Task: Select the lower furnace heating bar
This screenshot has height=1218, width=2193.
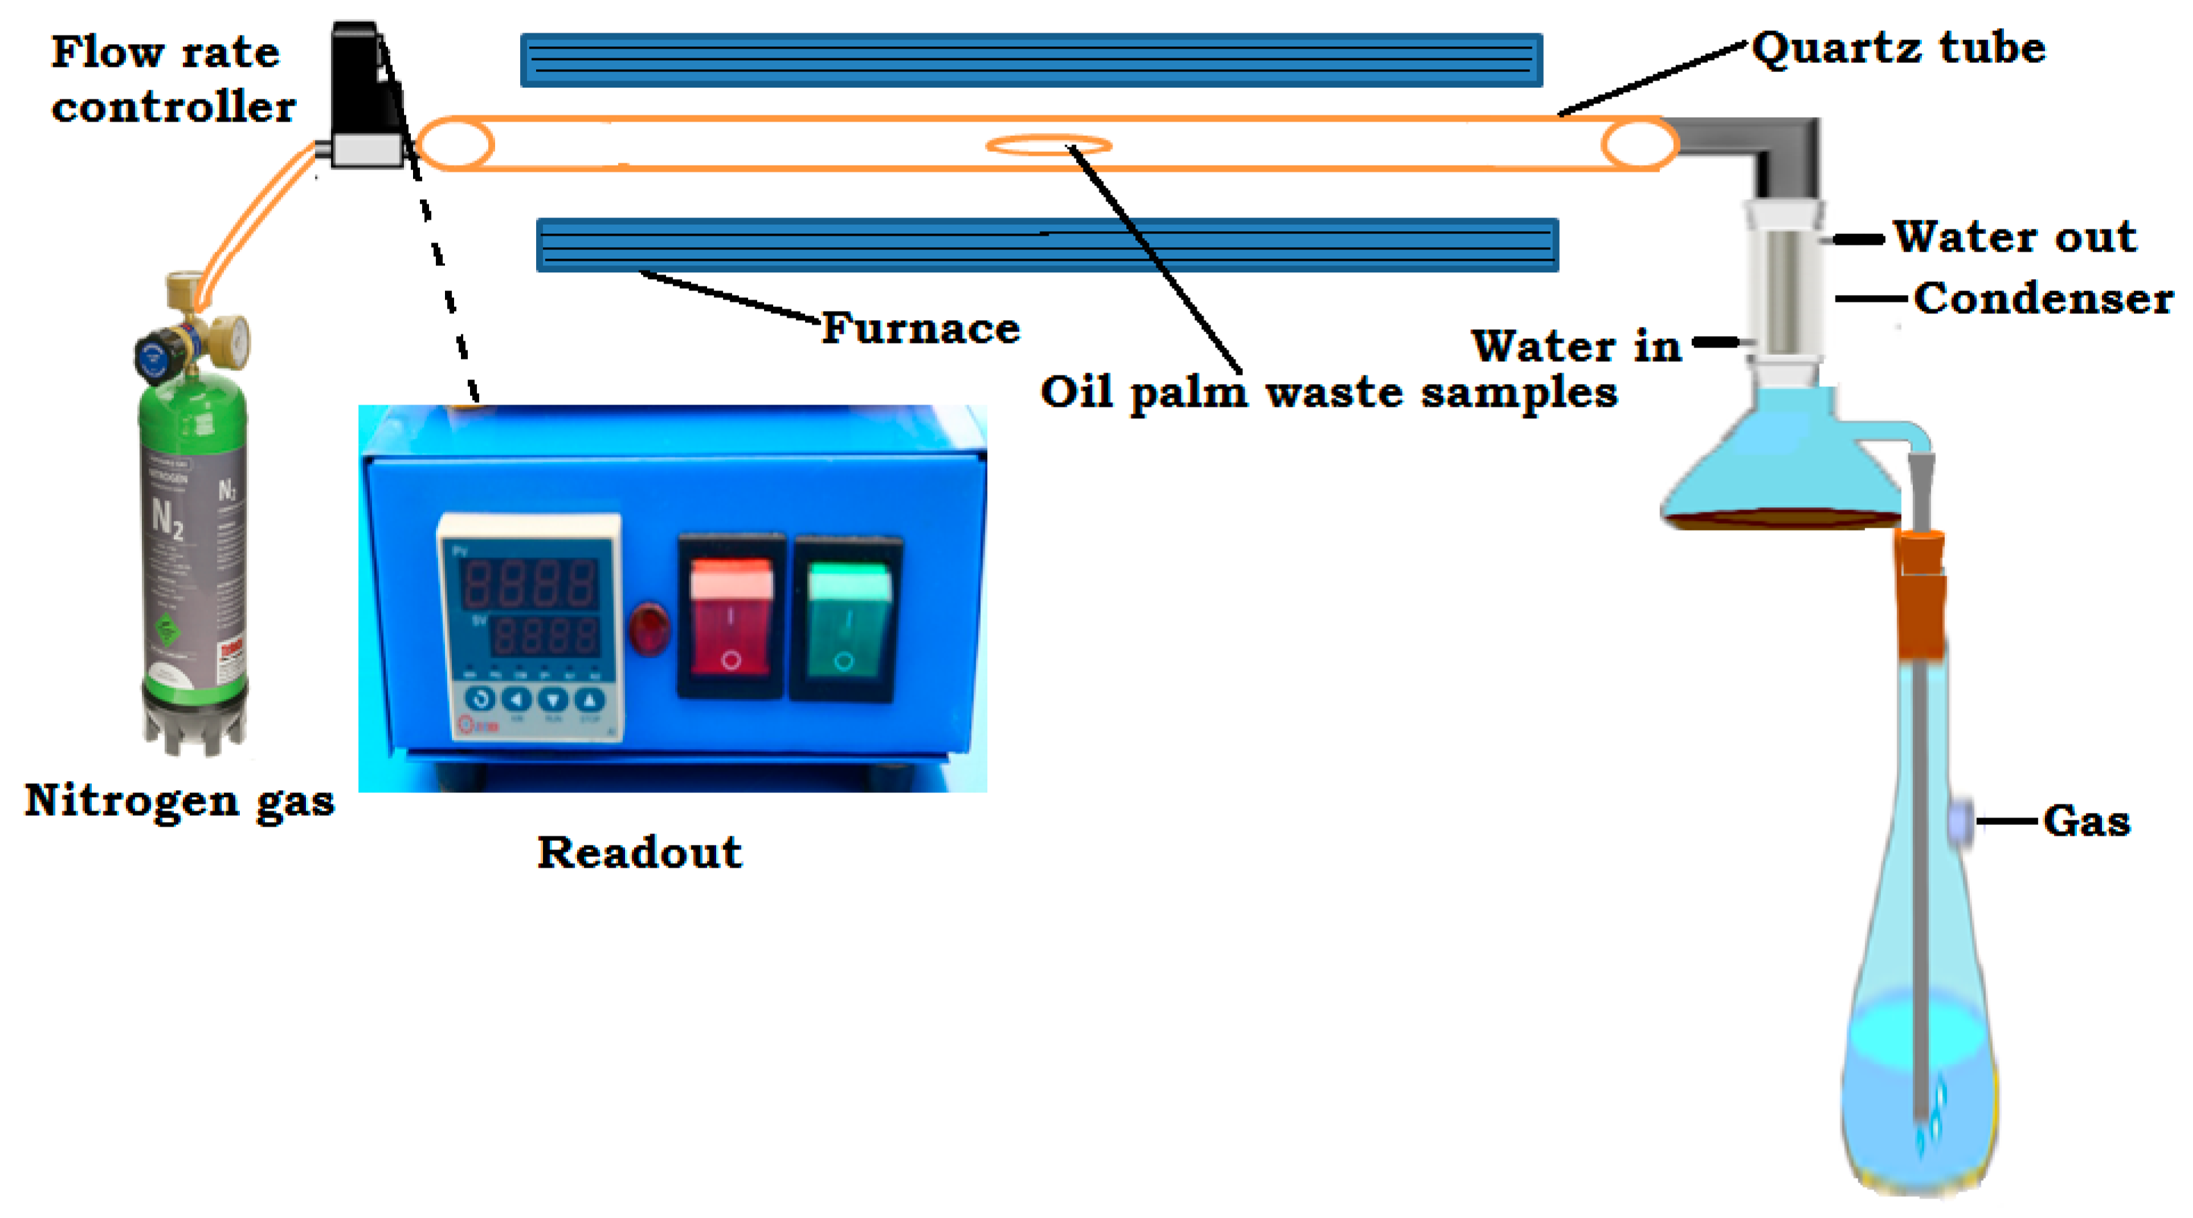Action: (1047, 245)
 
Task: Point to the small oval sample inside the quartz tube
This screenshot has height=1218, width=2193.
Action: (1049, 145)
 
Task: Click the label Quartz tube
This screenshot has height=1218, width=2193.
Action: (1898, 48)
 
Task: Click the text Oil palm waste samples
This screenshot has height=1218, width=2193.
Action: (1328, 393)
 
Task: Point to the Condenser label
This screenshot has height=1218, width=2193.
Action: (2044, 299)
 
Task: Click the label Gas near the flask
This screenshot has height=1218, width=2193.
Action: (2087, 821)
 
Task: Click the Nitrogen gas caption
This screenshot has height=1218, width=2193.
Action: (179, 801)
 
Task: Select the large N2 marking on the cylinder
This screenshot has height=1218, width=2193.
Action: (167, 517)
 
